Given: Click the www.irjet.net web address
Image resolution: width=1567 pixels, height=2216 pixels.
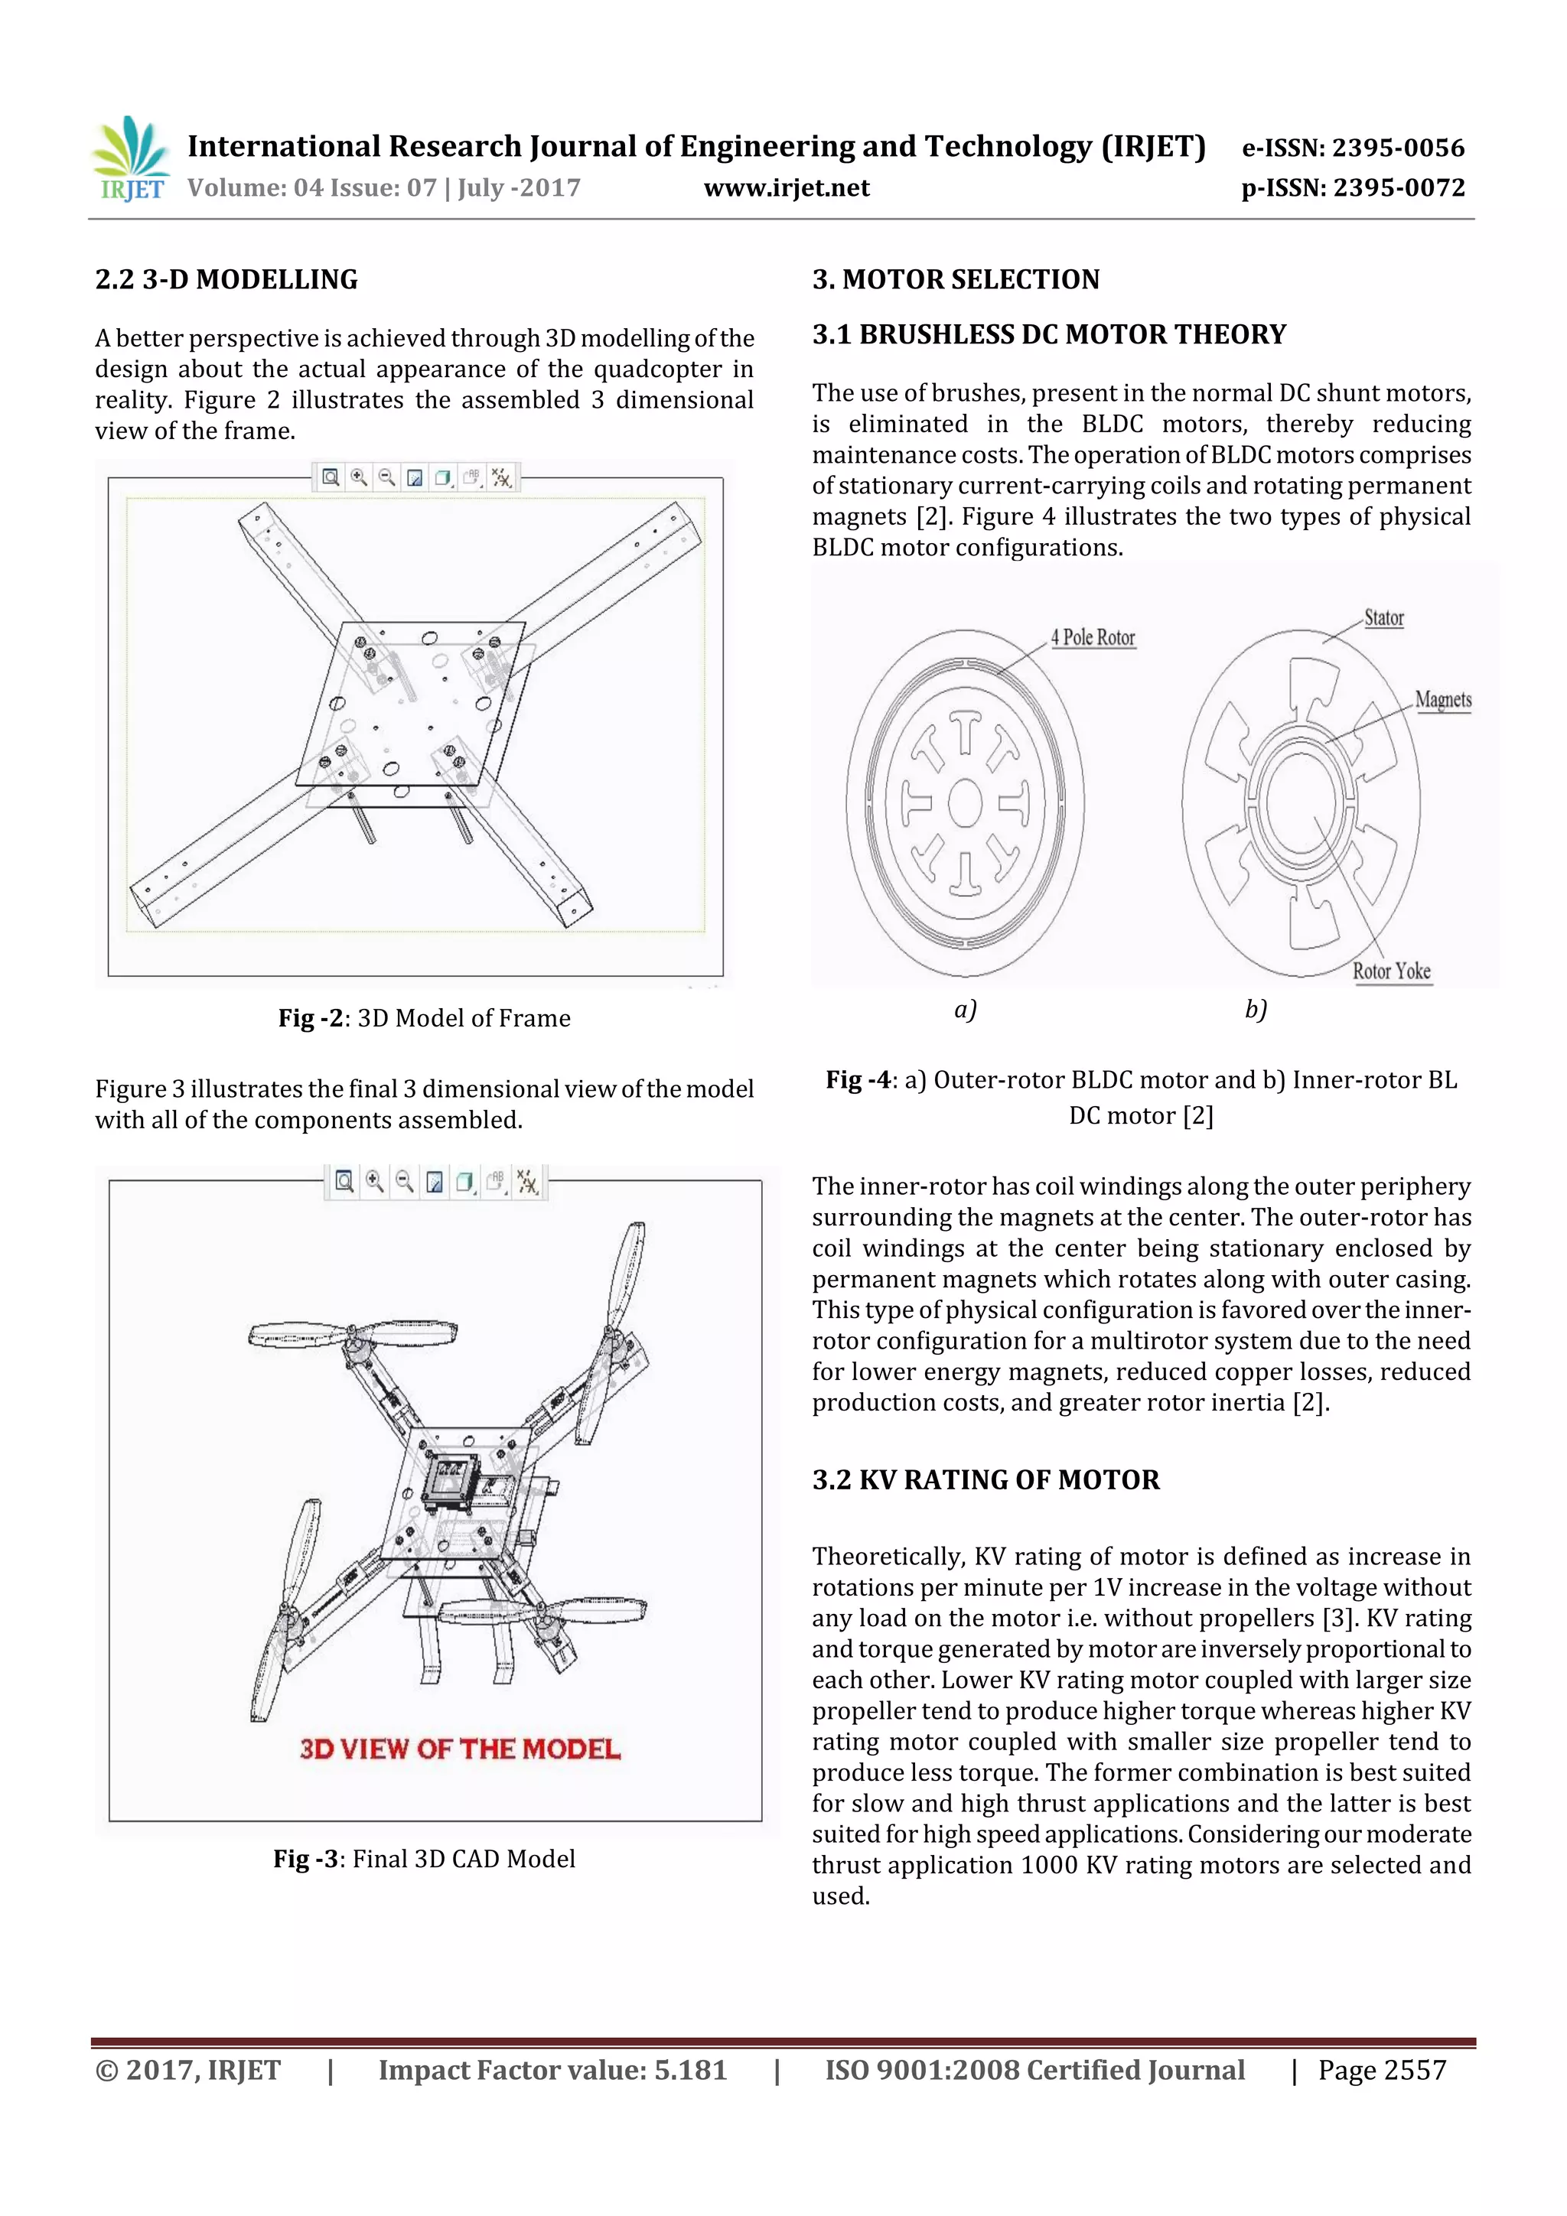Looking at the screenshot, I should (x=786, y=187).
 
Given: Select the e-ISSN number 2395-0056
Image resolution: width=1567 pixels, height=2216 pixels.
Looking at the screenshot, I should (x=1352, y=148).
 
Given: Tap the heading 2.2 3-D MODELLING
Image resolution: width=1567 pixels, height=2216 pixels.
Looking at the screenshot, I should (x=226, y=280).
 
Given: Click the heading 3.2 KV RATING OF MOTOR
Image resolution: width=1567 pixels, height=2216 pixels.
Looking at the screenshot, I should (x=985, y=1479).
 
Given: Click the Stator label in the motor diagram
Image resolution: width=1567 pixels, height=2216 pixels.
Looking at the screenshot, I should (x=1383, y=618).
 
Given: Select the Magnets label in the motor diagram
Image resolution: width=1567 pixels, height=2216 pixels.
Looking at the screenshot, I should (x=1442, y=699).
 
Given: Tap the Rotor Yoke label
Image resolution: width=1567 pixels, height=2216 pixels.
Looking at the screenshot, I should (x=1390, y=971).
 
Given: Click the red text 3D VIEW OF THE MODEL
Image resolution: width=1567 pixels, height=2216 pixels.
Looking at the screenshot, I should (x=460, y=1748).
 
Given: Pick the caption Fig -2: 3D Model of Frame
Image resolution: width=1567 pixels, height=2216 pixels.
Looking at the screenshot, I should (x=424, y=1018).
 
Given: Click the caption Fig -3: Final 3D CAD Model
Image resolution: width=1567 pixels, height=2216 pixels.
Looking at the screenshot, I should (x=424, y=1858).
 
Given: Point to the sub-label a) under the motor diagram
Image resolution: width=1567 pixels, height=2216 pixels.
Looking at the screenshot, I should (x=965, y=1010).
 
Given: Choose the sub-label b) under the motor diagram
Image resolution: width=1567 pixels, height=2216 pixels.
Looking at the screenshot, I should (x=1254, y=1010).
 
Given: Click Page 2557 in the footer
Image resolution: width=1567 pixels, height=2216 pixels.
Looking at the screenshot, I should (x=1382, y=2069).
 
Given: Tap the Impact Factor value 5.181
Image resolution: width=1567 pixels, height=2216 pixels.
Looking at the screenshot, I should (x=552, y=2069).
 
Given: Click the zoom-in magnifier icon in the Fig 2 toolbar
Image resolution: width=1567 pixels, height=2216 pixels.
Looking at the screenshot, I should (x=358, y=477).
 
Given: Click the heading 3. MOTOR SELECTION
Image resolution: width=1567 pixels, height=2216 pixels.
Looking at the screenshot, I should (x=955, y=280).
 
